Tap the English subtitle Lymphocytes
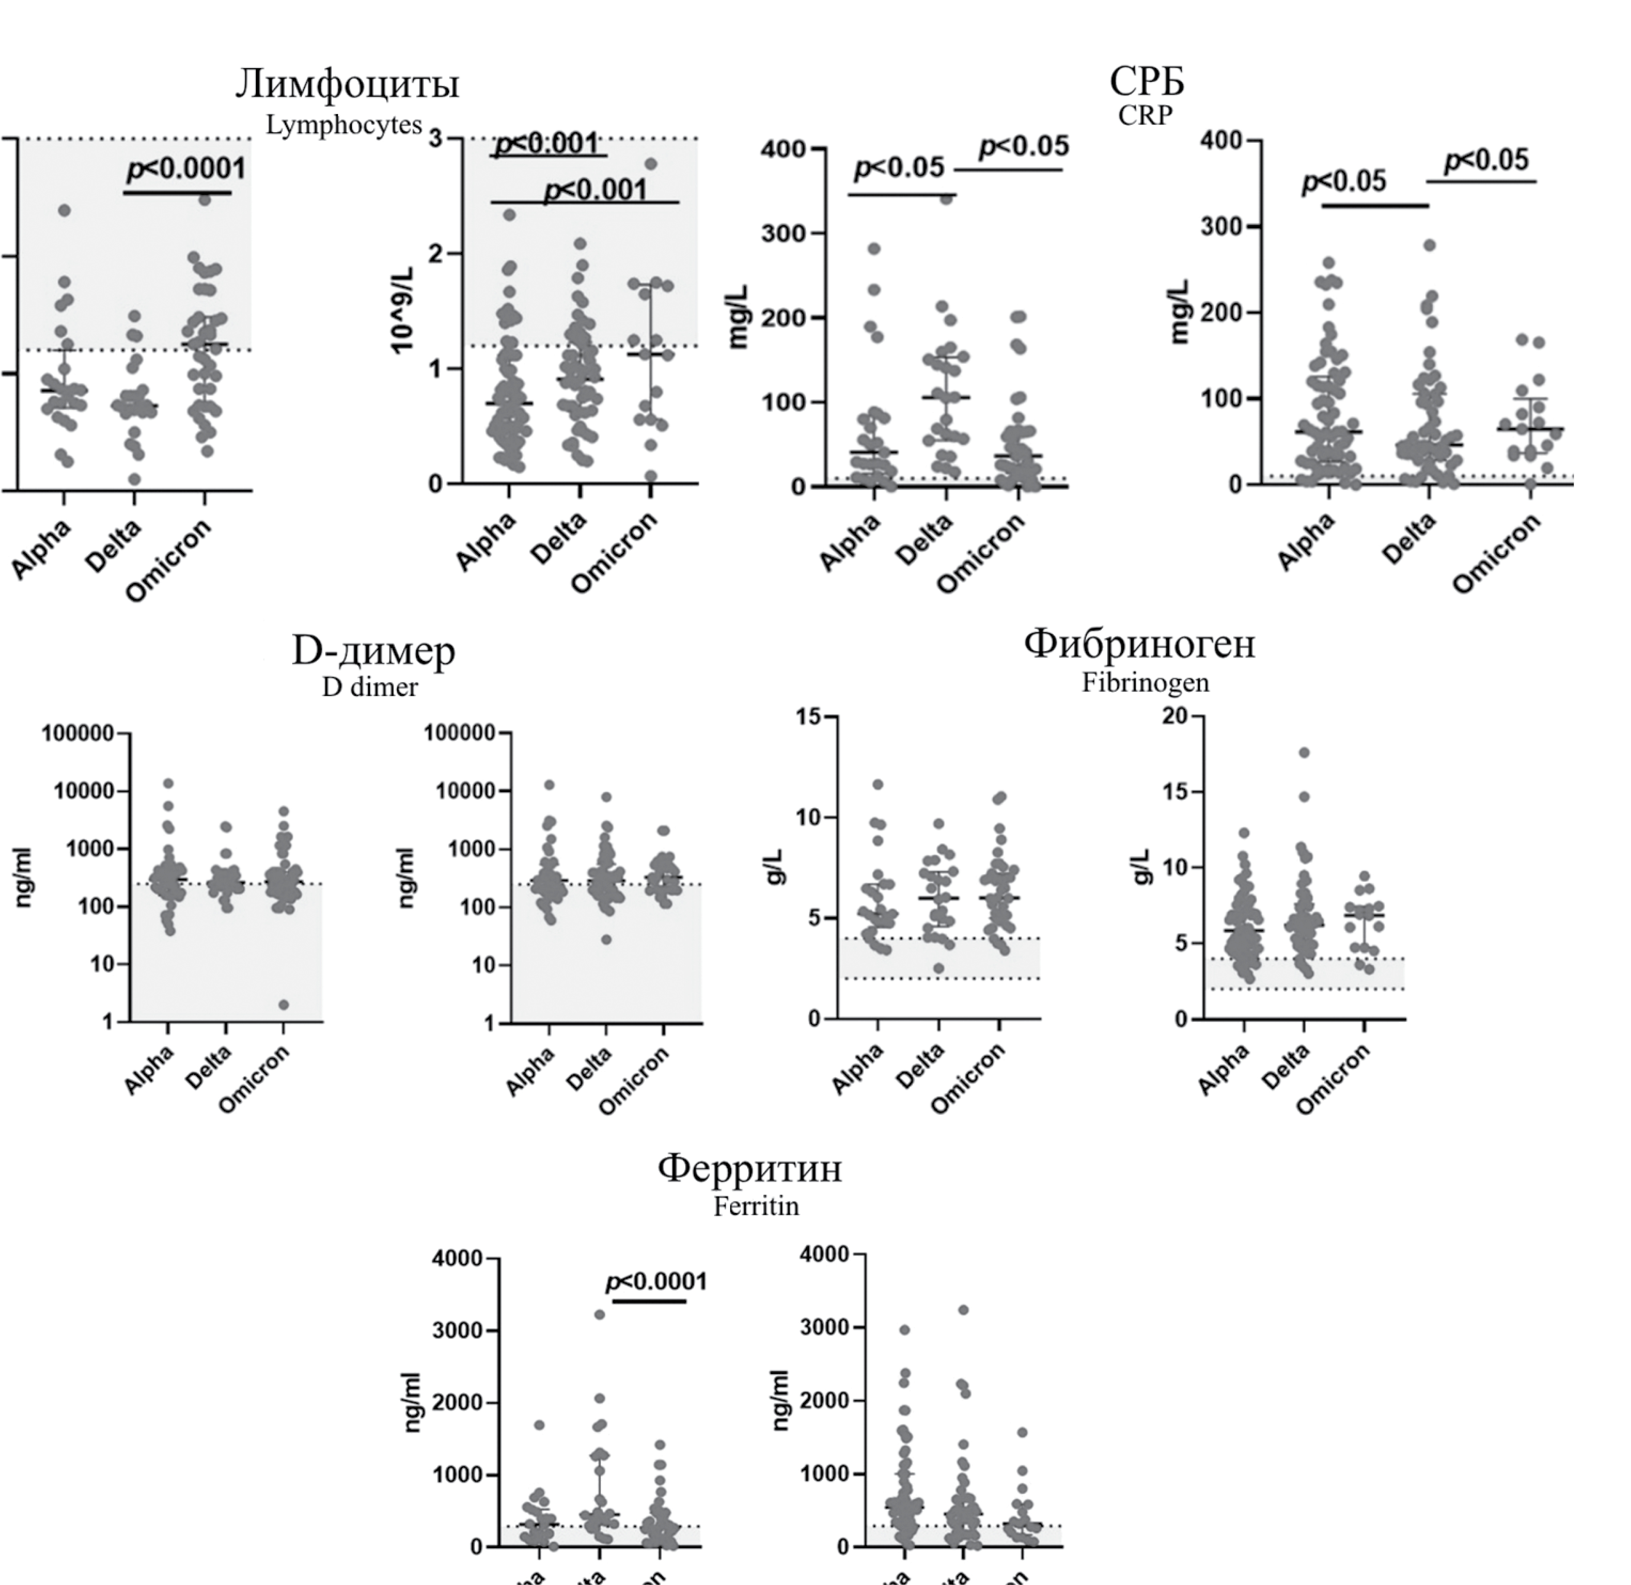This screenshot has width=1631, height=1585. (344, 125)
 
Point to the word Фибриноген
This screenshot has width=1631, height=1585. (1139, 643)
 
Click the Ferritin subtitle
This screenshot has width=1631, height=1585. (756, 1206)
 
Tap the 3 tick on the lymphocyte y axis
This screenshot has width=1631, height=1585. (435, 138)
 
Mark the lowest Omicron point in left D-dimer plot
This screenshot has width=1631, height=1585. (284, 1005)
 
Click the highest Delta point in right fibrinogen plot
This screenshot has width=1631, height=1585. (1304, 752)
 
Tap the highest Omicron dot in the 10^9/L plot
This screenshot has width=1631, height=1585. (651, 164)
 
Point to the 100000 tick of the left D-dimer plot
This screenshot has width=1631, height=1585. (78, 733)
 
